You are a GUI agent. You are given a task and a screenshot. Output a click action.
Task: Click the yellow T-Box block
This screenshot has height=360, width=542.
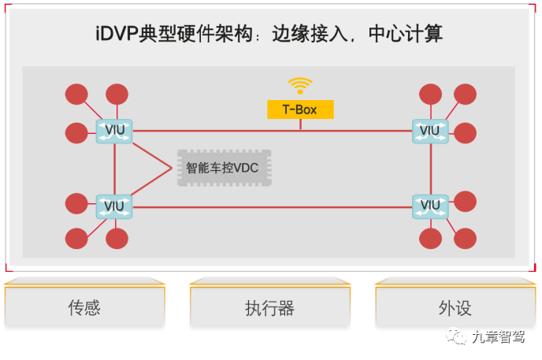pos(300,109)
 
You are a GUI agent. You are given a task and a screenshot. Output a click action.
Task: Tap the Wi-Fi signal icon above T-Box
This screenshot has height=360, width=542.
pos(300,85)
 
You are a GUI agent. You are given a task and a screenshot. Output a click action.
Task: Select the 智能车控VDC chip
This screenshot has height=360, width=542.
pos(225,168)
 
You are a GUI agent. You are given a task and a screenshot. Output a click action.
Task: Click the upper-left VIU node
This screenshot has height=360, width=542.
pos(114,131)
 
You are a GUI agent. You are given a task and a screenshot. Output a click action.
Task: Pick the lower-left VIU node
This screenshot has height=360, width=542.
pos(114,207)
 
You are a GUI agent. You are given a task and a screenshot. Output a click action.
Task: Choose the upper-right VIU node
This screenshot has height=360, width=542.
pos(430,131)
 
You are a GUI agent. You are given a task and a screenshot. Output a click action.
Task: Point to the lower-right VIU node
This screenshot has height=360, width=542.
pos(430,206)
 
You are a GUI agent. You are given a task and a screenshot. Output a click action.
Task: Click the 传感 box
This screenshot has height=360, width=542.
pos(84,306)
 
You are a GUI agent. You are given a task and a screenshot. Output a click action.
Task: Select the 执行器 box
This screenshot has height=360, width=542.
pos(269,306)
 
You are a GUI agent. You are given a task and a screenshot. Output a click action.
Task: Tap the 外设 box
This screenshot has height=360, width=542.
pos(455,306)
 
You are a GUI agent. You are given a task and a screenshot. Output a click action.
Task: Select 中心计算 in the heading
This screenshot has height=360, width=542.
pos(404,35)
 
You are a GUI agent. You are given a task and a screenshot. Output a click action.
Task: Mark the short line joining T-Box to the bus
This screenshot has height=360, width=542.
pos(300,124)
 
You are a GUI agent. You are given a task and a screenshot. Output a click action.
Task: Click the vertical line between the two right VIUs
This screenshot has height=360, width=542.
pos(430,169)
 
